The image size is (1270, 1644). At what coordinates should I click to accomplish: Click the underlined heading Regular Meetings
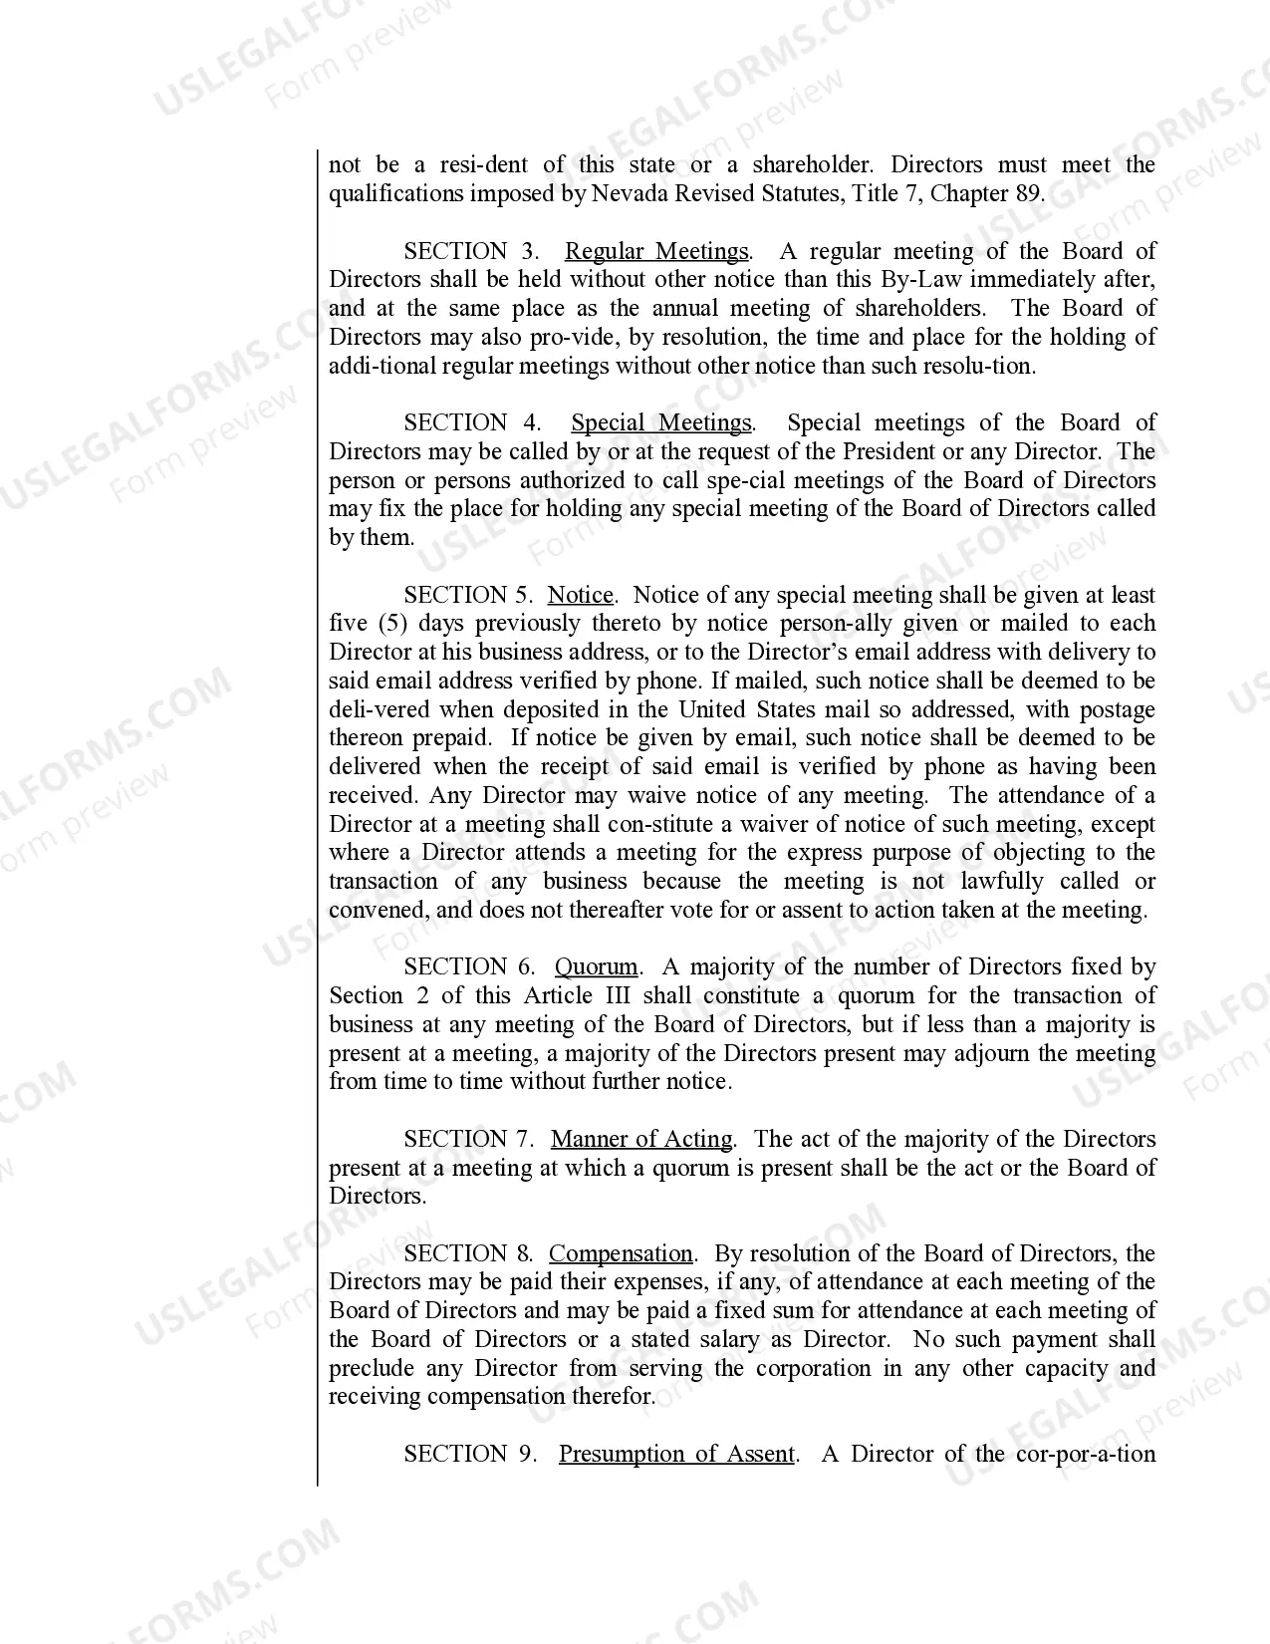[656, 251]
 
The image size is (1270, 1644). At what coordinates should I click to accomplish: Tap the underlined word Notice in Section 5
[581, 595]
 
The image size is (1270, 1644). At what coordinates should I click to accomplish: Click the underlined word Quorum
[596, 966]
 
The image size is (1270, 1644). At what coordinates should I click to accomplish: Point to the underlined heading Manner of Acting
[641, 1139]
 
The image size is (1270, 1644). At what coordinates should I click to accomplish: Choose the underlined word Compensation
[621, 1253]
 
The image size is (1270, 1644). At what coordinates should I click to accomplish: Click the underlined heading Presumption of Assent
[676, 1454]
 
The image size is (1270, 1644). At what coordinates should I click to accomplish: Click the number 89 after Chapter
[1028, 193]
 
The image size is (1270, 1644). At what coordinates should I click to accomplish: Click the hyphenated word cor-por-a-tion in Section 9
[1086, 1454]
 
